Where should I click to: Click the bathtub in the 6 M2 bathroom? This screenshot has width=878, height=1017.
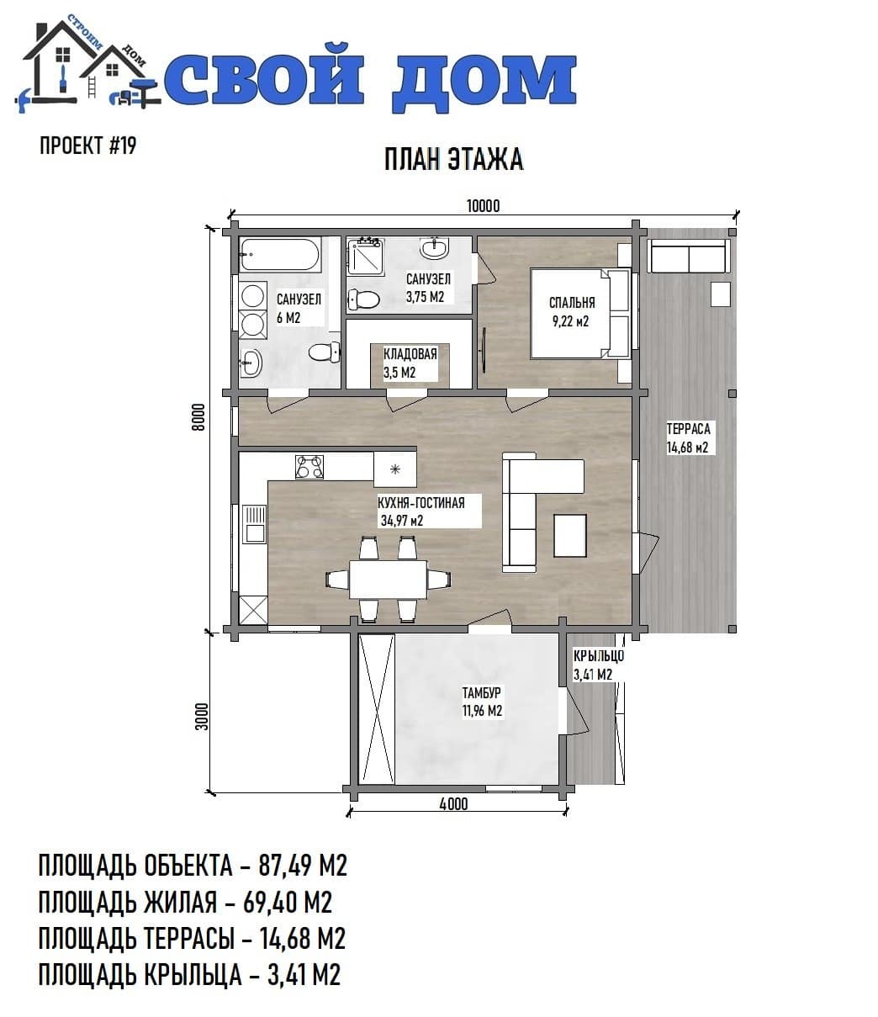point(280,254)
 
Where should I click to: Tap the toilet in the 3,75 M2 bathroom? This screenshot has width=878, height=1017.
point(364,299)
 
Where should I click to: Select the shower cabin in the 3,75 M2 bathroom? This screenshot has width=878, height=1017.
point(365,256)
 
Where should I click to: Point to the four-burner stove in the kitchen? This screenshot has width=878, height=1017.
point(309,466)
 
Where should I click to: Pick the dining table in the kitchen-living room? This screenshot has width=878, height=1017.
point(388,579)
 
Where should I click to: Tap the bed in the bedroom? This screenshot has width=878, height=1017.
point(580,313)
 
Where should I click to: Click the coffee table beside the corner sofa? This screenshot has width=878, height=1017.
point(570,535)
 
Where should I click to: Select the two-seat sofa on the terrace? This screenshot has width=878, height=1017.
point(689,256)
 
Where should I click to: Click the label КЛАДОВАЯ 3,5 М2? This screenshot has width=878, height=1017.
point(410,363)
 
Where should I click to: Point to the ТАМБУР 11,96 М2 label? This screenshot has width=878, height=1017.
point(482,702)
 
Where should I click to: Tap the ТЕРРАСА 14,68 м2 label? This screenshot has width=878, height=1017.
point(688,437)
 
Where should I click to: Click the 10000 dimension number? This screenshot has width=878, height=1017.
point(483,206)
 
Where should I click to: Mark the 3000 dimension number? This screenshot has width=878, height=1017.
point(202,717)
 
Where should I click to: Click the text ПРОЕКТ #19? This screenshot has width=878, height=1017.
point(87,146)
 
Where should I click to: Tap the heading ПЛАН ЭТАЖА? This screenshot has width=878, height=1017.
point(453,160)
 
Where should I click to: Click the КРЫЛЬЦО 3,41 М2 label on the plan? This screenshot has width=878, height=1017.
point(598,665)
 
